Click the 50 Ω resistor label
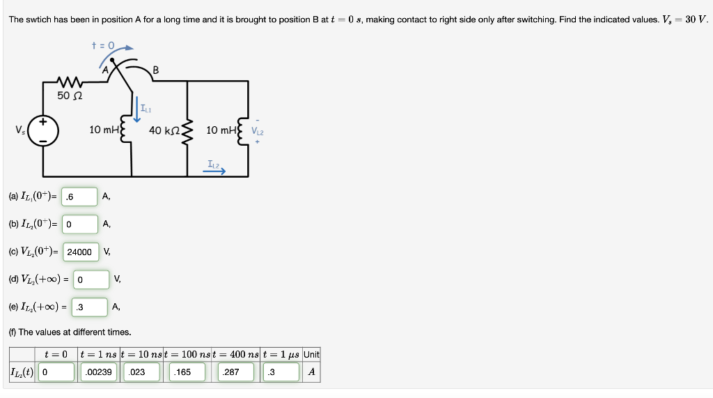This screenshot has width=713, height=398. [x=70, y=95]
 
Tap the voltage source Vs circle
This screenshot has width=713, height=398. [x=43, y=130]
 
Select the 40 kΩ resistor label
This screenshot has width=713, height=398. [x=166, y=130]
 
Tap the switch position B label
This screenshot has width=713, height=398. [x=155, y=69]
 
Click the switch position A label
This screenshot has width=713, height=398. [x=105, y=69]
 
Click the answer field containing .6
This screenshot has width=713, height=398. [x=79, y=197]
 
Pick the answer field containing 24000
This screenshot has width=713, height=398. [x=81, y=252]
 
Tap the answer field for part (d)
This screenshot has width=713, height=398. [x=91, y=280]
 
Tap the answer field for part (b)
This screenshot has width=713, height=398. [x=79, y=224]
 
